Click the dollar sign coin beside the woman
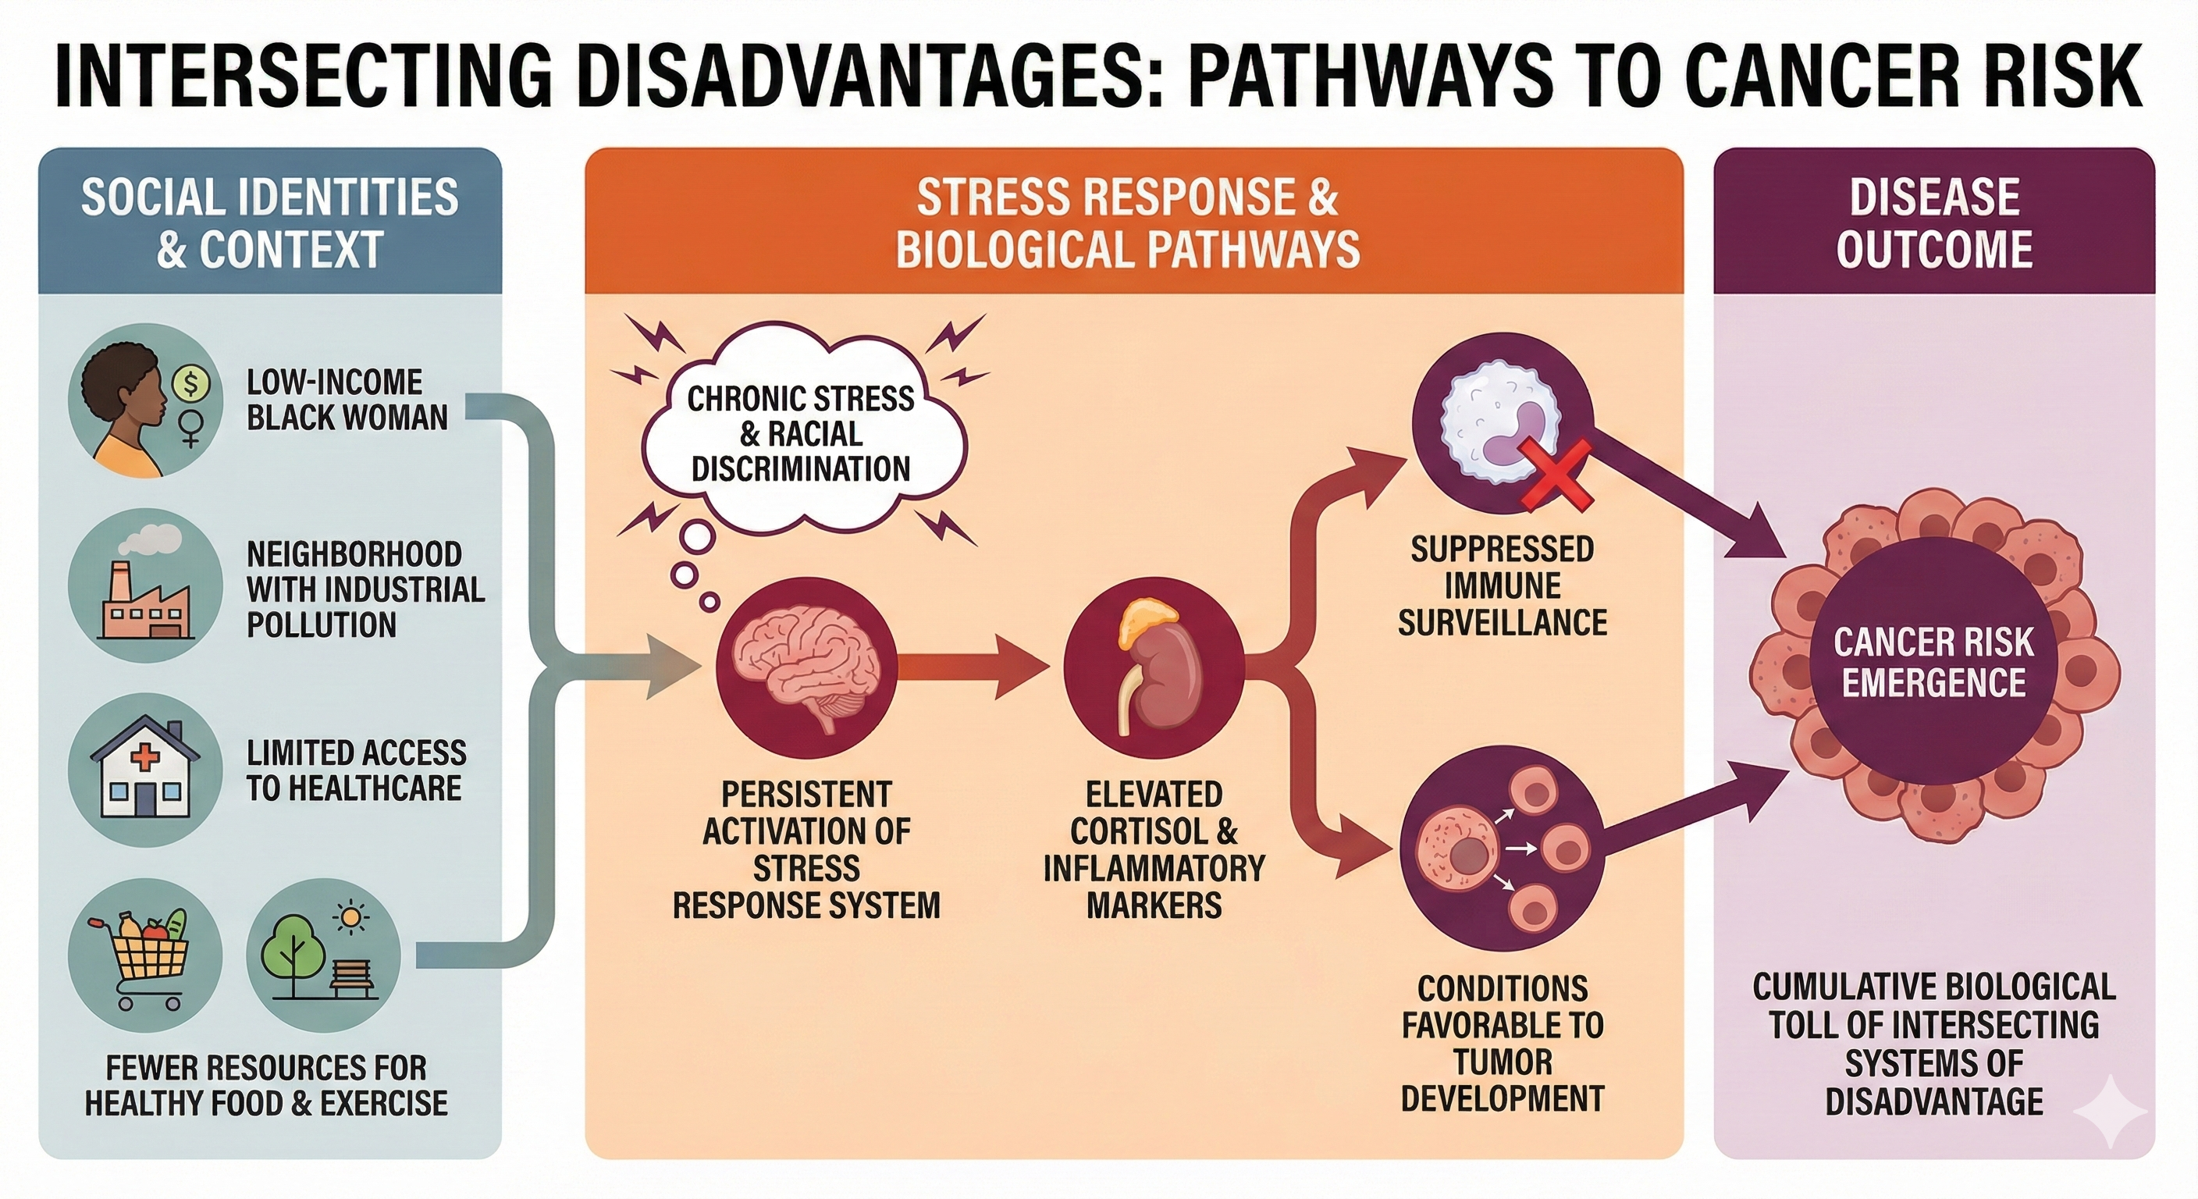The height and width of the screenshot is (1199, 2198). [x=191, y=384]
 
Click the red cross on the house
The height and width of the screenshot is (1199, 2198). [x=145, y=758]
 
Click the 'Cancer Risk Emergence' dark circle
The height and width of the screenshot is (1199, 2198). [x=1933, y=661]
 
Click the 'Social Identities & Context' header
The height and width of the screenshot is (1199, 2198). [x=269, y=222]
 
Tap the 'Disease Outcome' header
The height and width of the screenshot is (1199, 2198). [x=1933, y=222]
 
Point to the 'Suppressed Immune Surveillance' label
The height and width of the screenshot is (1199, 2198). [x=1502, y=585]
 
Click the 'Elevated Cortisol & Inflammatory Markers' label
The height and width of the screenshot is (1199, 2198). [x=1154, y=849]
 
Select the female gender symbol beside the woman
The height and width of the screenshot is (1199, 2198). [x=191, y=427]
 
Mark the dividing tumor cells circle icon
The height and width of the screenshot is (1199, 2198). [x=1502, y=849]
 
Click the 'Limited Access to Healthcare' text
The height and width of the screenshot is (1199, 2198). [x=356, y=770]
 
